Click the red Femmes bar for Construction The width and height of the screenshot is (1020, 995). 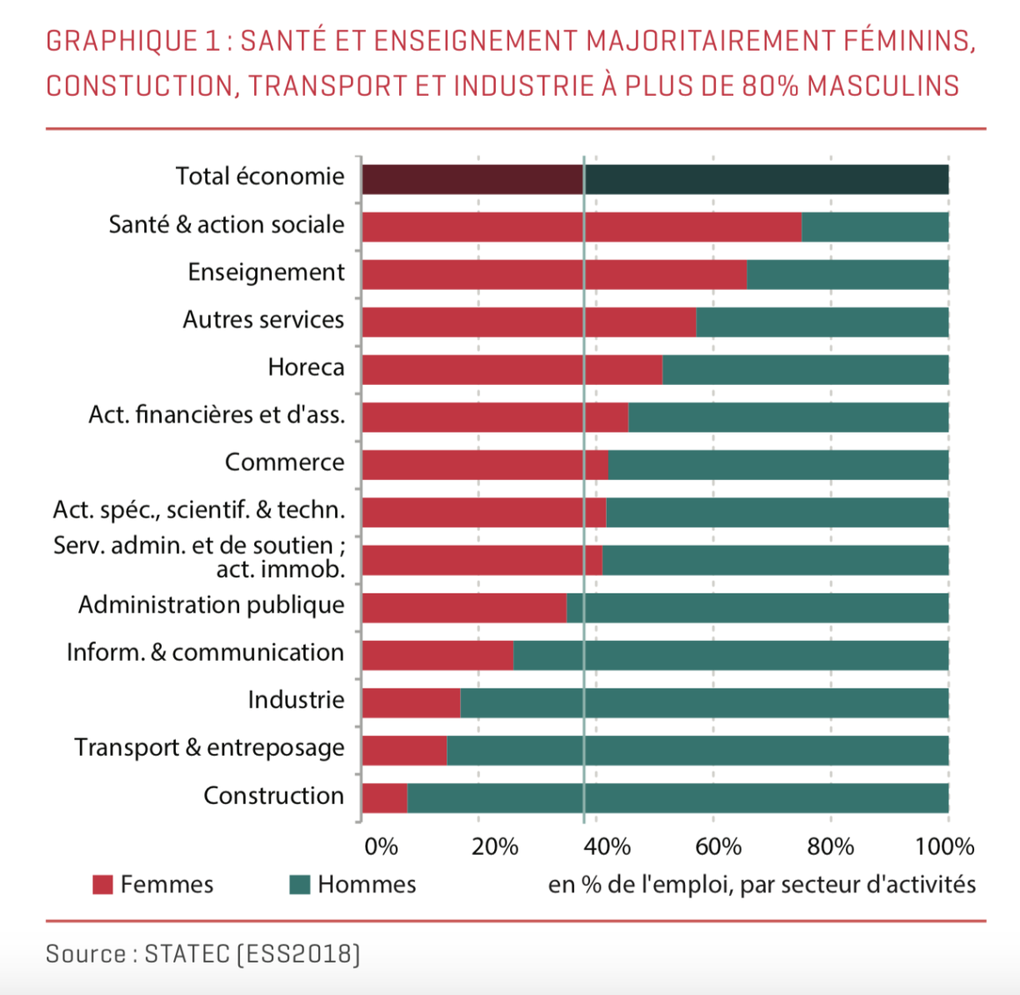[x=384, y=798]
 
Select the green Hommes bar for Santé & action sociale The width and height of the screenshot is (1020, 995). [x=875, y=227]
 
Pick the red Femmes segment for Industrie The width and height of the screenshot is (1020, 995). [x=411, y=703]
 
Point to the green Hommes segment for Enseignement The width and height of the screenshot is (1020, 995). [x=847, y=274]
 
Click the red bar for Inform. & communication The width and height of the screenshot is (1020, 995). [x=437, y=656]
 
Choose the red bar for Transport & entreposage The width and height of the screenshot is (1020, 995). [x=404, y=751]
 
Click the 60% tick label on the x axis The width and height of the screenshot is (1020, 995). [x=717, y=847]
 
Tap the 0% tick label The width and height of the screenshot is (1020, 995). [x=381, y=847]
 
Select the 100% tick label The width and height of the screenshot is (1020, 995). [x=944, y=847]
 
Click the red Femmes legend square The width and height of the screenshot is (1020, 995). [x=102, y=885]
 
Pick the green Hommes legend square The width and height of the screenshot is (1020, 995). [x=300, y=885]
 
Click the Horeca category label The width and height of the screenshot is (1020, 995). [x=306, y=367]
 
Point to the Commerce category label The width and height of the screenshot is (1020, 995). [x=284, y=462]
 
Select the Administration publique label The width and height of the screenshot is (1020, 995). [x=211, y=605]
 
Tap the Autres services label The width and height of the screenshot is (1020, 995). [x=263, y=320]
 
